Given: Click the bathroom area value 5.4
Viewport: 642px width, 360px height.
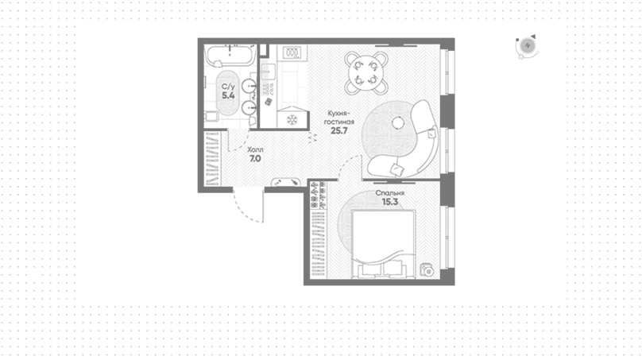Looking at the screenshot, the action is point(228,96).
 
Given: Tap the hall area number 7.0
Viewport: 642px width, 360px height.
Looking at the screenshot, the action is point(255,158).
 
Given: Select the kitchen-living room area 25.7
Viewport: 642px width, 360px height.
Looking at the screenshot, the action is point(339,130).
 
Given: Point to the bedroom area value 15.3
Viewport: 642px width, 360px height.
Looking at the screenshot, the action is point(390,202).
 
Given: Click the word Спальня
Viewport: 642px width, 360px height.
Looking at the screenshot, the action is point(390,193).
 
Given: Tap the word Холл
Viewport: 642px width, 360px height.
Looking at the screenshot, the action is point(256,150).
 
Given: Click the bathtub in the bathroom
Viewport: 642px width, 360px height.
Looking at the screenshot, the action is point(230,56).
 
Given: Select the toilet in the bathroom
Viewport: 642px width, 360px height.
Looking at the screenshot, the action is point(211,117).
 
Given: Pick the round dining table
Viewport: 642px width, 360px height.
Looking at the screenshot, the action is point(366,73).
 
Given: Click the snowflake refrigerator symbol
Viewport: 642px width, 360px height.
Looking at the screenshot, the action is point(292,119).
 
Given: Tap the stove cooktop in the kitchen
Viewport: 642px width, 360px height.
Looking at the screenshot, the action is point(292,52).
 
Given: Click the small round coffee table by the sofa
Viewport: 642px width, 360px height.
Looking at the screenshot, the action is point(397,122).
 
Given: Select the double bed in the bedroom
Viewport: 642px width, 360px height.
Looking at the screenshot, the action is point(384,244).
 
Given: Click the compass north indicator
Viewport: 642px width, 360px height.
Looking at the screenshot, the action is point(528,46).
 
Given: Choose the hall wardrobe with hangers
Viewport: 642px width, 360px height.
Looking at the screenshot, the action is point(212,158).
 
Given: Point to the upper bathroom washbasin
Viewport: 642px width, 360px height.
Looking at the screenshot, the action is point(249,86).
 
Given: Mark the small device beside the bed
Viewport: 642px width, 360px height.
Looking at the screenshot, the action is point(427,271).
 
